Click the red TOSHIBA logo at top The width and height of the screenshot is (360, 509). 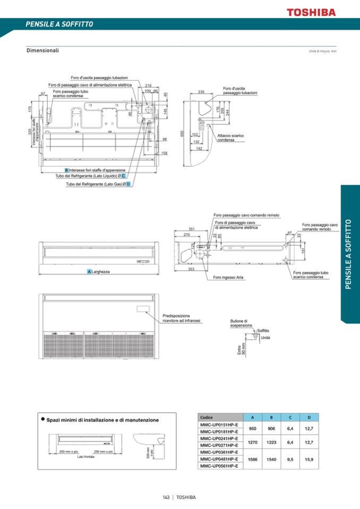[311, 12]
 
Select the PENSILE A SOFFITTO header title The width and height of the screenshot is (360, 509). [59, 24]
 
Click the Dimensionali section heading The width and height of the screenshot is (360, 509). [42, 50]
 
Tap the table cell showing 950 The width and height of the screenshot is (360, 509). [253, 428]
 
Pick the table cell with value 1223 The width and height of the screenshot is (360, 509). [271, 442]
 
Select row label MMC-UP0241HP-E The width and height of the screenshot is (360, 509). [219, 438]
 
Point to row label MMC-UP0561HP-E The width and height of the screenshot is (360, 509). [219, 465]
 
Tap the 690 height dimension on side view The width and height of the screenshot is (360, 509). [182, 133]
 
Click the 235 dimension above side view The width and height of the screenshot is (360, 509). [201, 92]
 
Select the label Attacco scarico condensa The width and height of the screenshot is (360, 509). [230, 137]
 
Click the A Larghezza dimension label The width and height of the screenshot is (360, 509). [99, 272]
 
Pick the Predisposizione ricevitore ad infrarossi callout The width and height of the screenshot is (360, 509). [181, 317]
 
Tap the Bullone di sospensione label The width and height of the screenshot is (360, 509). [241, 323]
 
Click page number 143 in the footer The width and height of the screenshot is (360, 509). [166, 497]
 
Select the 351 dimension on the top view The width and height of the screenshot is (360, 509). [192, 229]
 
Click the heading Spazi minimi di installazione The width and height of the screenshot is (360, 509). [102, 420]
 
